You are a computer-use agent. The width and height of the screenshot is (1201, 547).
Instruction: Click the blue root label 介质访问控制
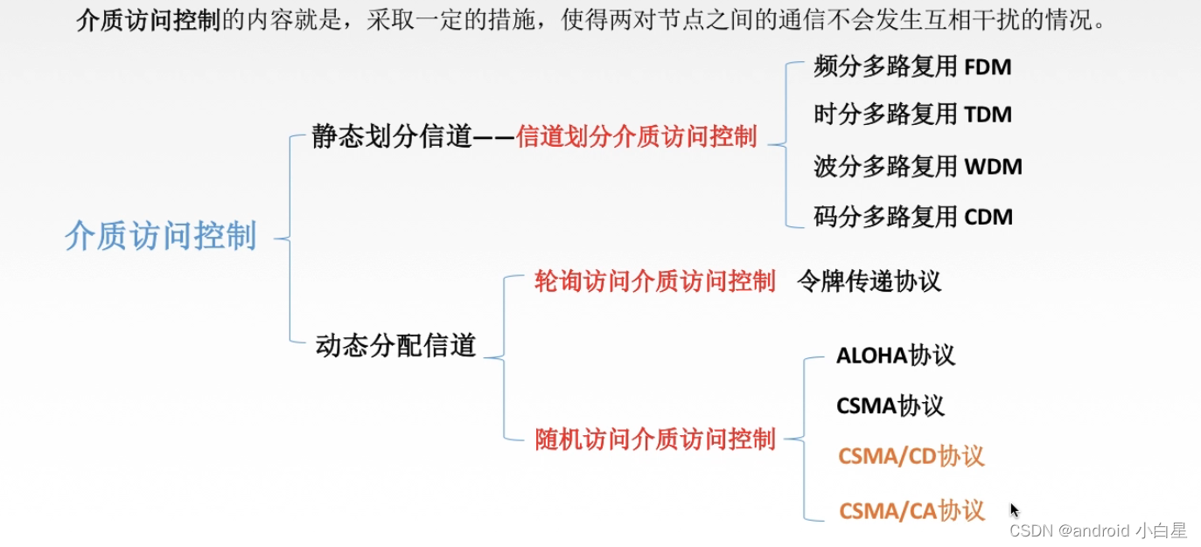(161, 237)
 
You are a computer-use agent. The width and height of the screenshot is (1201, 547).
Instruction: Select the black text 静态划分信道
(391, 136)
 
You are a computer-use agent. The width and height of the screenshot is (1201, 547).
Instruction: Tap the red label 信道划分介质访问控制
(636, 136)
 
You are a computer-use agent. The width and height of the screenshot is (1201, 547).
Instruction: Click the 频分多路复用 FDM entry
(912, 67)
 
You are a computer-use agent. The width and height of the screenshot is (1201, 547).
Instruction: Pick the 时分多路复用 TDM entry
(912, 114)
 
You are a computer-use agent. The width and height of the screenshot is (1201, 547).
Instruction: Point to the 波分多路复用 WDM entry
(918, 166)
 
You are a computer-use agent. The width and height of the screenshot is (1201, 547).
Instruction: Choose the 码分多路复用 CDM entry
(913, 217)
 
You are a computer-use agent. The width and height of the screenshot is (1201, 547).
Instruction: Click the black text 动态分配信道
(395, 346)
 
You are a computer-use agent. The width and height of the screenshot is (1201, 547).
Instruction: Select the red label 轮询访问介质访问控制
(654, 281)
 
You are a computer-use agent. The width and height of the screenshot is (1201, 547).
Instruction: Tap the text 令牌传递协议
(869, 281)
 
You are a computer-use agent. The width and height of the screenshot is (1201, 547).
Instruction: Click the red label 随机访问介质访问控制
(654, 439)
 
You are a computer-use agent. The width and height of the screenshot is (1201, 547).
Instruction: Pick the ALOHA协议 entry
(896, 356)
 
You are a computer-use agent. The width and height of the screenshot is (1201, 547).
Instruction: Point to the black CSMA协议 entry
(890, 406)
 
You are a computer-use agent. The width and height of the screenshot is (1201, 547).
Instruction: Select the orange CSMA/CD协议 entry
(911, 456)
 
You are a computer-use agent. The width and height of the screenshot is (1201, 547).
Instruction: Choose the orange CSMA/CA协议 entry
(911, 510)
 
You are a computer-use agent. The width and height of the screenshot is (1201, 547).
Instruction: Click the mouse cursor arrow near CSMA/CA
(1015, 509)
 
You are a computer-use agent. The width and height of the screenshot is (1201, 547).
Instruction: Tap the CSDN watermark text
(1097, 530)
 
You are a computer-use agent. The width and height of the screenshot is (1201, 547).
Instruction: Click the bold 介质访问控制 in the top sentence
(148, 21)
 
